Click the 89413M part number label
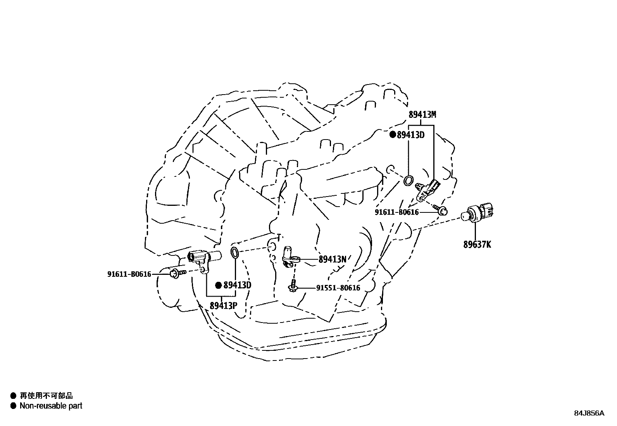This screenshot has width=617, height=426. [x=422, y=114]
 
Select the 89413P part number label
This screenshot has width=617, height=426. [x=223, y=305]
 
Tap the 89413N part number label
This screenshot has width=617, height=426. [x=332, y=259]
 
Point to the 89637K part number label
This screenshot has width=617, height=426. [x=477, y=245]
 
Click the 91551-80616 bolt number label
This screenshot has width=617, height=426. [x=338, y=288]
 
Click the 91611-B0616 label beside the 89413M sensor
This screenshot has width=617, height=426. [x=396, y=212]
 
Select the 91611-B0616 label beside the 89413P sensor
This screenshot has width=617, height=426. [x=129, y=274]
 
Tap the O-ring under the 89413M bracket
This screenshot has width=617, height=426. [x=408, y=180]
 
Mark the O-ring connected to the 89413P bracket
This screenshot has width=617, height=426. [x=235, y=252]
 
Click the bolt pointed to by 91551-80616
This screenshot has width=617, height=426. [x=293, y=287]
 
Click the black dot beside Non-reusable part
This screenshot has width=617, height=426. [x=13, y=406]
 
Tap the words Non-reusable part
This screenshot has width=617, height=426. [x=51, y=406]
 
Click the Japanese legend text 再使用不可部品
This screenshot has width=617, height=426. [x=46, y=396]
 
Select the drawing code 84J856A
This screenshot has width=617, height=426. [x=589, y=413]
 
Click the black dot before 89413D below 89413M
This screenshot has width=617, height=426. [x=393, y=135]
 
